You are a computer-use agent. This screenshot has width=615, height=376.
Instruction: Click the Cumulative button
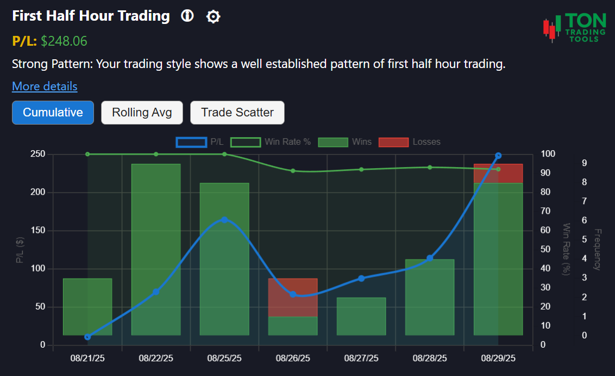click(x=53, y=113)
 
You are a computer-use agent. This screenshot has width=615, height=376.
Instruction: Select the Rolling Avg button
click(x=142, y=113)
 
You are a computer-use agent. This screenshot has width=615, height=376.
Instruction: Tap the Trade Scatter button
click(x=237, y=113)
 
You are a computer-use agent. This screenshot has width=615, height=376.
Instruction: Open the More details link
click(x=45, y=87)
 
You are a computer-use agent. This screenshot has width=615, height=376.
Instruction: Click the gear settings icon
click(x=213, y=17)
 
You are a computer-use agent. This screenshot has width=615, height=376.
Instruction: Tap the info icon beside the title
click(x=187, y=16)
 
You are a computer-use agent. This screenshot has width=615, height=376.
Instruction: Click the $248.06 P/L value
click(x=64, y=41)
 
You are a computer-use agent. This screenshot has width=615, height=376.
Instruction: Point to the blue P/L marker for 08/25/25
click(x=224, y=220)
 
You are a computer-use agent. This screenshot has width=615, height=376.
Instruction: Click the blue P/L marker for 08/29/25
click(x=498, y=156)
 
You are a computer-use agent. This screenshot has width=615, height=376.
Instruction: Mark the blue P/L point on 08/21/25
click(x=87, y=337)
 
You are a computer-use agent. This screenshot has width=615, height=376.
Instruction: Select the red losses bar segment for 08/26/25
click(x=293, y=297)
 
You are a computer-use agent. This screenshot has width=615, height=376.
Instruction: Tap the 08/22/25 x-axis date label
click(x=156, y=358)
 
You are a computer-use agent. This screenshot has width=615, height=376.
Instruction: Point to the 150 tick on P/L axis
click(x=38, y=231)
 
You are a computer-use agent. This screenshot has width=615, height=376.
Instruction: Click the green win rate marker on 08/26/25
click(x=293, y=171)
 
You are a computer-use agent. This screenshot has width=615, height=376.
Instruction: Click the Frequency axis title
click(x=597, y=249)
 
